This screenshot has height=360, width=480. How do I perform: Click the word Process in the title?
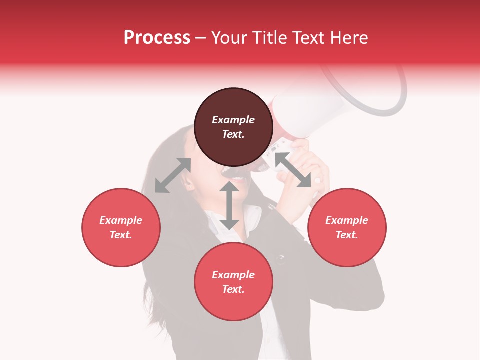pos(157,38)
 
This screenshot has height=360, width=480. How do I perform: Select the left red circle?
pos(121,227)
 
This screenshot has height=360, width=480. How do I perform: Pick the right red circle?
pos(347,227)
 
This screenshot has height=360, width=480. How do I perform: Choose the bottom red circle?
pos(233,282)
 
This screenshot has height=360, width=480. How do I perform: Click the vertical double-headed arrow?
pos(229,205)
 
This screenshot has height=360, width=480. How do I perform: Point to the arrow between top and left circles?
pos(173,175)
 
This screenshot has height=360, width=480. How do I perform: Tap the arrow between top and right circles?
pos(293,170)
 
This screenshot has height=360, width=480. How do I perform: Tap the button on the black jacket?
pos(281,259)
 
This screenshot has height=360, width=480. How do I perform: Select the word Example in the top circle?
pos(233,120)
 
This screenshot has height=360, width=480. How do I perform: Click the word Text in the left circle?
pos(121,235)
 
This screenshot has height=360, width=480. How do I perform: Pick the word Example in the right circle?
pos(347,220)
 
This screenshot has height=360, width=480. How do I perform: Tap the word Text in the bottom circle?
pos(233,289)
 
